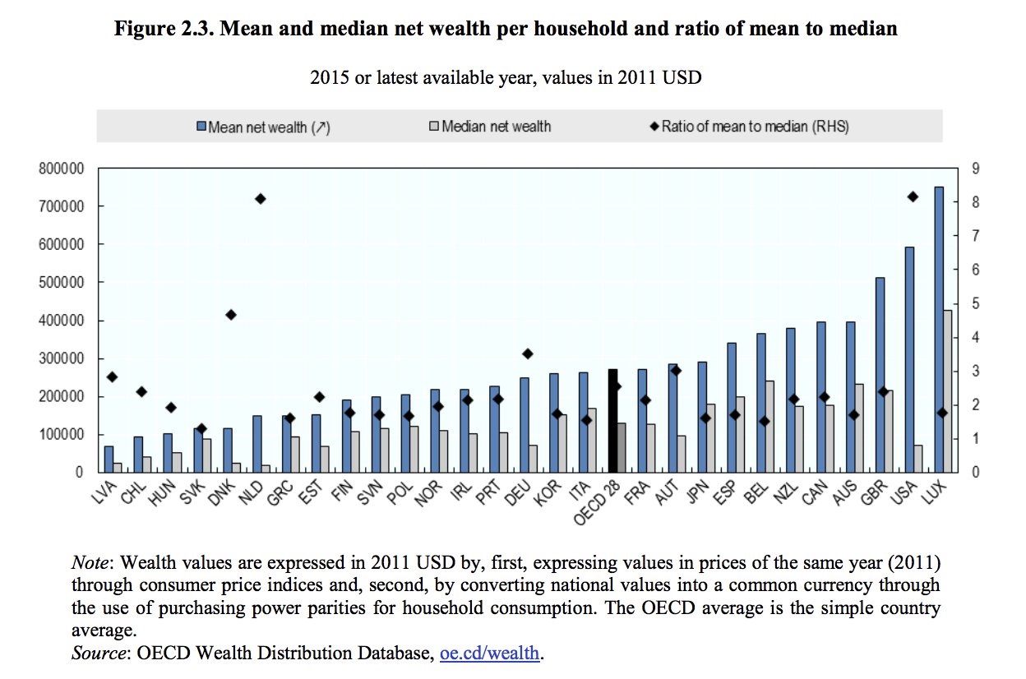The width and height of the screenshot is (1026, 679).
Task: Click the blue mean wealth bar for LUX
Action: point(938,329)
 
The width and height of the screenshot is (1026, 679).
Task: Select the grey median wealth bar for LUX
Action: point(948,391)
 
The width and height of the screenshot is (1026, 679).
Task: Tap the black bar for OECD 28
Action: point(612,421)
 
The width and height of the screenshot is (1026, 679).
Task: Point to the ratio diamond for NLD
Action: point(261,198)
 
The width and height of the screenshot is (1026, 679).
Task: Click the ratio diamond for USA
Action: point(913,196)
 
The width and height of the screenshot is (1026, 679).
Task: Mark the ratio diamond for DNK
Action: point(231,315)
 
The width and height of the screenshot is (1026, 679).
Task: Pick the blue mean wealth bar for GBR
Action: point(879,375)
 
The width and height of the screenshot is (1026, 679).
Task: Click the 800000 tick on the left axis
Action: point(62,169)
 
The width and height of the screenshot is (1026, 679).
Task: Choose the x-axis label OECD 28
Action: point(598,501)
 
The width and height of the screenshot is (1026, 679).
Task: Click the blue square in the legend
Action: point(201,127)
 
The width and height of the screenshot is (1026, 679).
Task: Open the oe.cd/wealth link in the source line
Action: point(490,654)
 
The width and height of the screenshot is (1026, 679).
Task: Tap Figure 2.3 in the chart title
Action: point(163,30)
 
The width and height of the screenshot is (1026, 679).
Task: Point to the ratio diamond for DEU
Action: point(527,353)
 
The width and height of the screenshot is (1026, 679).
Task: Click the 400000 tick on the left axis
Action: point(62,321)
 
